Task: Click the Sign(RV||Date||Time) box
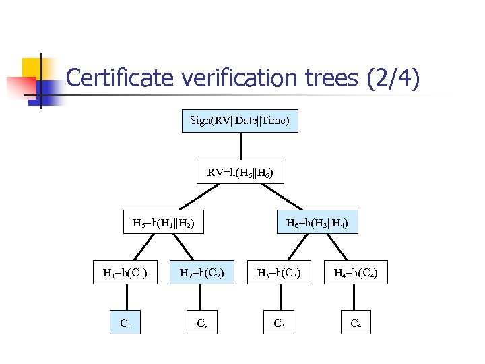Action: [x=240, y=121]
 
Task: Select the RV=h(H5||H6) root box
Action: [x=240, y=173]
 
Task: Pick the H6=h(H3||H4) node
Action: [x=317, y=222]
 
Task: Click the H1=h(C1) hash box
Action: [x=125, y=273]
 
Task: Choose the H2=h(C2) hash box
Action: [x=201, y=273]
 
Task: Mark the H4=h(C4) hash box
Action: [x=356, y=273]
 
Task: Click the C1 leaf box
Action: [x=125, y=323]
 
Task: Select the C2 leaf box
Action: [x=201, y=323]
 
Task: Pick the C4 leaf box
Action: [x=356, y=323]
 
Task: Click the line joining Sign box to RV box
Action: [x=240, y=147]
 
